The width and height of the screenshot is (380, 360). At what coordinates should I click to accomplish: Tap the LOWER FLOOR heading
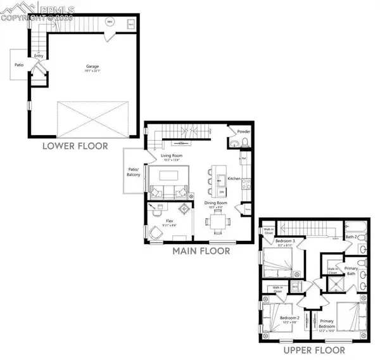(75, 146)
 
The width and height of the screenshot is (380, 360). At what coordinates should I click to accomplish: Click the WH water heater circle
(110, 22)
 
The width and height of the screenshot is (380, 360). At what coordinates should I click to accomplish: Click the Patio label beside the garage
(19, 63)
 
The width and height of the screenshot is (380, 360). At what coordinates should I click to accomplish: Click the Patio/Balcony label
(133, 172)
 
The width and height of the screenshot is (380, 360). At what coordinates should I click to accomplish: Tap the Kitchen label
(234, 179)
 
